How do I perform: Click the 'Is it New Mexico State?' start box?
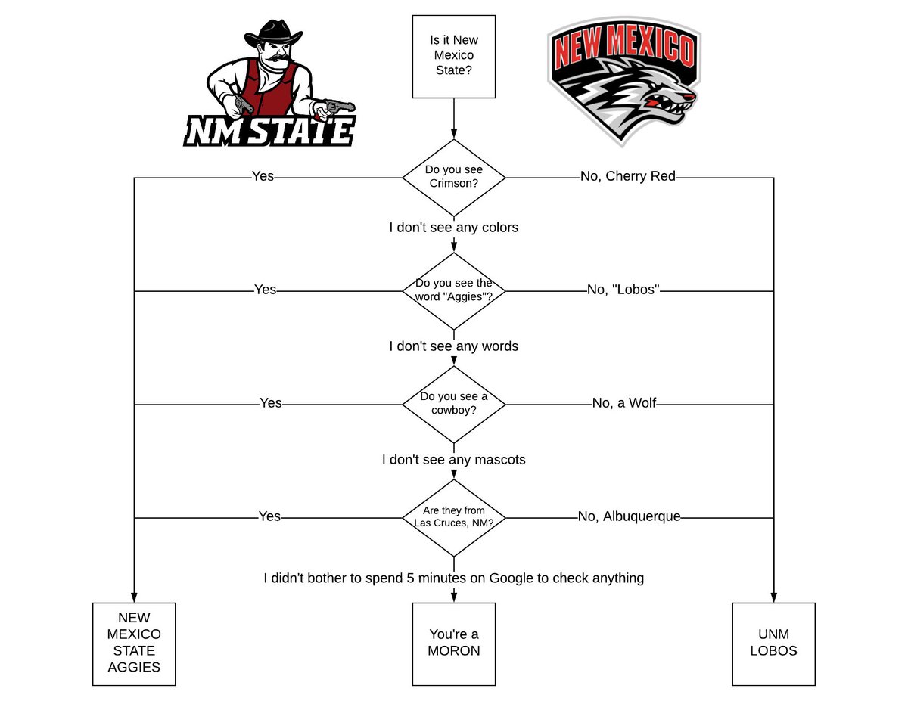coord(454,57)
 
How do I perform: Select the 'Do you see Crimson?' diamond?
coord(454,178)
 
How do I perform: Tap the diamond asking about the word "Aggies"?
coord(454,290)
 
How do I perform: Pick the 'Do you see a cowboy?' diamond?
coord(454,404)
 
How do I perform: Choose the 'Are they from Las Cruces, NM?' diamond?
coord(454,517)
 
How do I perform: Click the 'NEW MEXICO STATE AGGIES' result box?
coord(134,644)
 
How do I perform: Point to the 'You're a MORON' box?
coord(454,644)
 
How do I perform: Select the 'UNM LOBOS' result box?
coord(773,644)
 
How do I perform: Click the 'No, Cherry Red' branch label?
coord(627,177)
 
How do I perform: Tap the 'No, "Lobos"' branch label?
coord(623,290)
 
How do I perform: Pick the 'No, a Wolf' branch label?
coord(624,404)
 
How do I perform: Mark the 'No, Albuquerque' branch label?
coord(629,517)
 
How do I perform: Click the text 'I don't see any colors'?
coord(454,228)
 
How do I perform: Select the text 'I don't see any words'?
coord(454,346)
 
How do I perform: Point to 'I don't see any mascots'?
coord(454,460)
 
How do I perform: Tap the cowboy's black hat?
coord(272,34)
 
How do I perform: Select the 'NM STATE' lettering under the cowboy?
coord(269,131)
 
